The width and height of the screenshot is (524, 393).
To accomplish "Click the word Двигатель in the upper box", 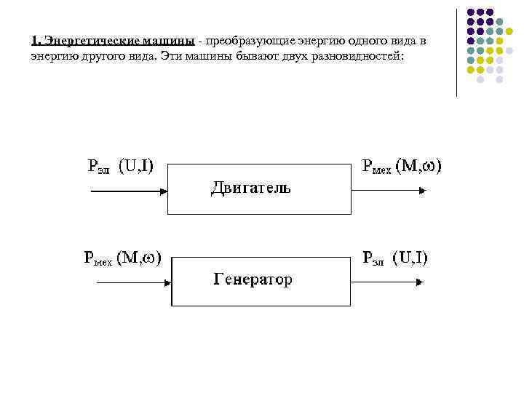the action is tap(250, 188).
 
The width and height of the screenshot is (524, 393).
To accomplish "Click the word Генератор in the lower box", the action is tap(253, 279).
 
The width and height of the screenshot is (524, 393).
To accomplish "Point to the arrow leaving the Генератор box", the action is tap(388, 283).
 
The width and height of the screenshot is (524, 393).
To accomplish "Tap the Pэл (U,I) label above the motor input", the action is tap(119, 166).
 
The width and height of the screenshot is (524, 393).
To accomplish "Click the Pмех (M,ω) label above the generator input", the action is tap(122, 257).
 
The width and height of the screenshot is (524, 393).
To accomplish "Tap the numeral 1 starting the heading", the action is tap(34, 41).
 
